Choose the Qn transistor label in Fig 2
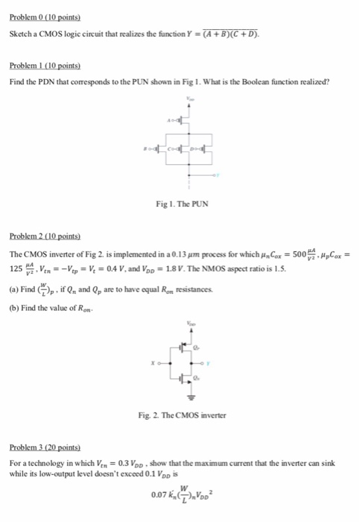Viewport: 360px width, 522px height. [198, 380]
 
